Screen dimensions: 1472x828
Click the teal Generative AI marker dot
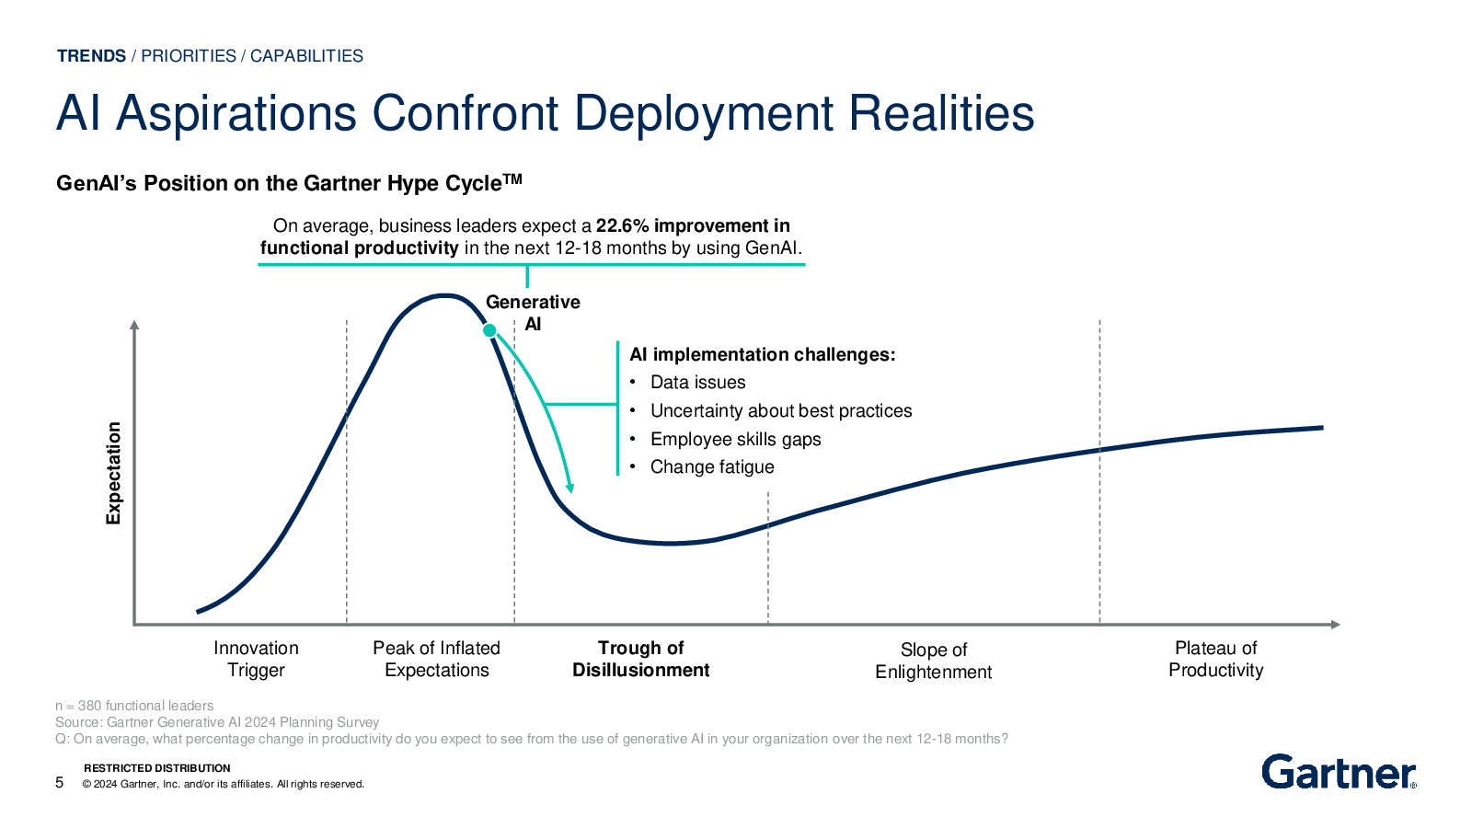[x=489, y=330]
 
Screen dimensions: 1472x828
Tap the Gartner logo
[x=1339, y=772]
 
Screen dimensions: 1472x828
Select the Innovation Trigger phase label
[x=256, y=659]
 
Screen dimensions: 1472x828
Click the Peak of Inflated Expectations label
[x=436, y=659]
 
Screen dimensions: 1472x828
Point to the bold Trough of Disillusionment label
[x=640, y=659]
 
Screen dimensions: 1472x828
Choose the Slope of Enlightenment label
[x=933, y=661]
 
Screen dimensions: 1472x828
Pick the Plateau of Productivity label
[x=1215, y=659]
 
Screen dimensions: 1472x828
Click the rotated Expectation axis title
[x=114, y=473]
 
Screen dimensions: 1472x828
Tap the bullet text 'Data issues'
[x=698, y=383]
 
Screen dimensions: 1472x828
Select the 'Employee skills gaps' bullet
[x=735, y=439]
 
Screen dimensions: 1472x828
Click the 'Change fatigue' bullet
[x=712, y=467]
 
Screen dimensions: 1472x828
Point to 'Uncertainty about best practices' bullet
[x=781, y=410]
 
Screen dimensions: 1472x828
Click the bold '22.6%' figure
[x=622, y=226]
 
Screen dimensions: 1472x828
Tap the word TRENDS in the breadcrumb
[x=91, y=56]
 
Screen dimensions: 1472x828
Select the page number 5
[x=59, y=783]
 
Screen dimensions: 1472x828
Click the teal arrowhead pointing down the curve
[x=569, y=488]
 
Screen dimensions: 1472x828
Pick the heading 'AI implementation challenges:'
[x=763, y=355]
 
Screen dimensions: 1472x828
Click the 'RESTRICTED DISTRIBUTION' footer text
[x=157, y=768]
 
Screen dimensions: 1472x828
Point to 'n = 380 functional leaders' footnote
[x=134, y=706]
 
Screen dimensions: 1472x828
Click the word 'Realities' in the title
[x=942, y=114]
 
